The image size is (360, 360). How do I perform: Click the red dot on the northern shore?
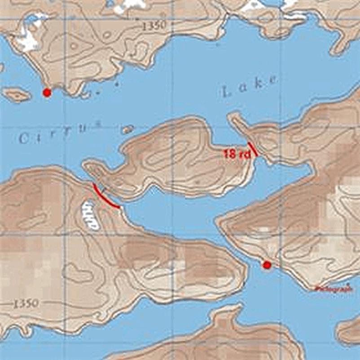46,93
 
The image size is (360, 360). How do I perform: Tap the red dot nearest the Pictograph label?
267,265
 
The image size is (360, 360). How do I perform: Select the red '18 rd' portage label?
237,154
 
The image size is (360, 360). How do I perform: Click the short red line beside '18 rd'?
253,149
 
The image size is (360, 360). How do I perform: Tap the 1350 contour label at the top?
154,26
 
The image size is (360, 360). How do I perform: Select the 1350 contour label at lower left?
25,304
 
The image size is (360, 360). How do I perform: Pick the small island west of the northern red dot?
17,95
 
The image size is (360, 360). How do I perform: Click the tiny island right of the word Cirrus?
127,129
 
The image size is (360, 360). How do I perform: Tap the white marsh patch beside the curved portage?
90,215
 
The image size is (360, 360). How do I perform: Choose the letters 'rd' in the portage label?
244,154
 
